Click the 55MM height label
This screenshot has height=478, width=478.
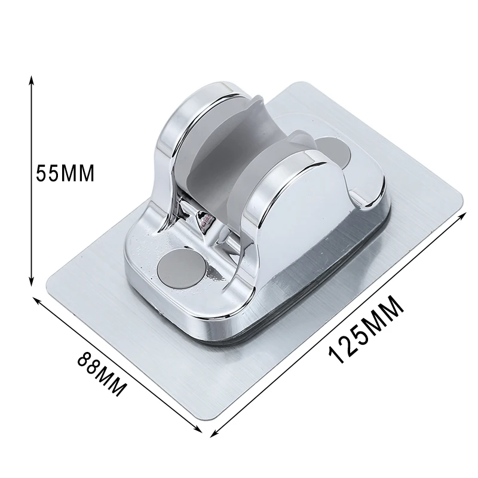coord(65,174)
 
